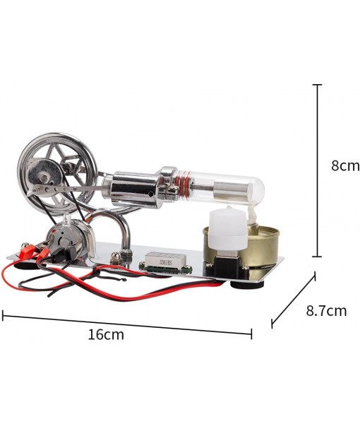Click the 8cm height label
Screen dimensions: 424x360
click(x=345, y=166)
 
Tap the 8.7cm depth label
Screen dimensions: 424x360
click(x=326, y=310)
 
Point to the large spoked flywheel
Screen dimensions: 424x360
click(x=49, y=163)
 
